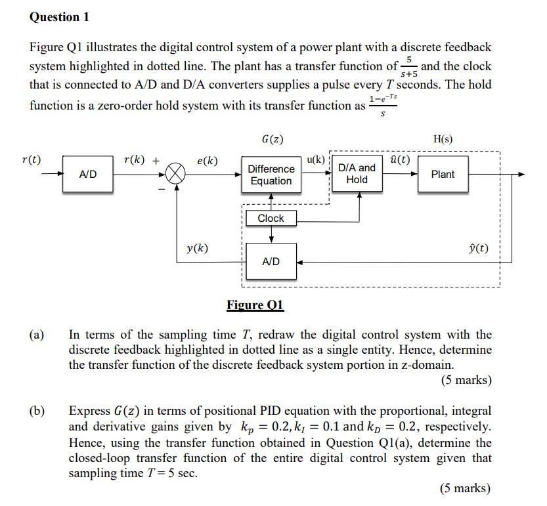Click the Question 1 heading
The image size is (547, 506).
pos(59,17)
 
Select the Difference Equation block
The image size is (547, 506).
pos(271,175)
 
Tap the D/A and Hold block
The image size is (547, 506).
pos(357,173)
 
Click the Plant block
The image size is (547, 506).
pos(443,174)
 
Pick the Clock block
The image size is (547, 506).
pos(271,218)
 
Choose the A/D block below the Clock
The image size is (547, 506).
pos(271,261)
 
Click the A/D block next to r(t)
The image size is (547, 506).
pos(88,174)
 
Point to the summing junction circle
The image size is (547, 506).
pos(176,174)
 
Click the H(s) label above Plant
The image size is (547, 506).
pos(443,139)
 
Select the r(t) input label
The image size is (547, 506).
pos(31,159)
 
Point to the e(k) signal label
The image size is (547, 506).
pos(208,161)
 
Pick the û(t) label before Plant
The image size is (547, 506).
pos(400,159)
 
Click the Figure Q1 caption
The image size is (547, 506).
pos(255,305)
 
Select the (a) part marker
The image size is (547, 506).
pos(37,335)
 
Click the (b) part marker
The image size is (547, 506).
pos(37,411)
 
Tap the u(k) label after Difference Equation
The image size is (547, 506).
pos(316,159)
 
